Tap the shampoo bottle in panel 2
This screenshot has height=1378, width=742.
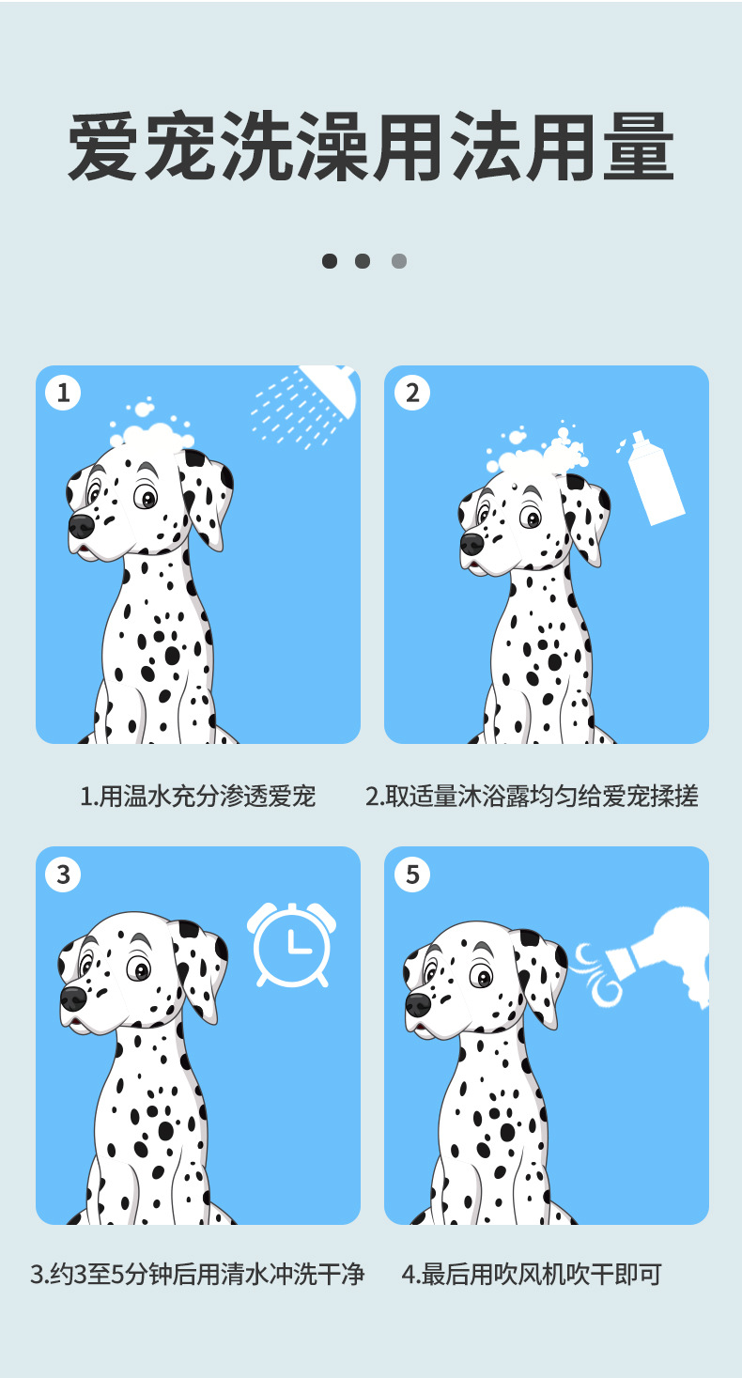pos(655,479)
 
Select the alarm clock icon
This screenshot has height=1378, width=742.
pos(291,944)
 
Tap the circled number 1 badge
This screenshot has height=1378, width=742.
pos(63,393)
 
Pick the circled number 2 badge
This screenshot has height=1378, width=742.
pos(412,393)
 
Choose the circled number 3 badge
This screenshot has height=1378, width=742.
pos(63,875)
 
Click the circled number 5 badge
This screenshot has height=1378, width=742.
pos(412,875)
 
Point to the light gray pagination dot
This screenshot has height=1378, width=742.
pos(398,261)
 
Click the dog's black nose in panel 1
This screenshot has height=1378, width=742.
pos(81,525)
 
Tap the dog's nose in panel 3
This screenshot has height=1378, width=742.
pos(72,999)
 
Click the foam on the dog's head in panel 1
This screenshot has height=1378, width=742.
pos(150,429)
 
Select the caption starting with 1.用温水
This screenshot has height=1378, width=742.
pos(197,796)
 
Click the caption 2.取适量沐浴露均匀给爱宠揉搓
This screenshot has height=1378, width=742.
pos(532,796)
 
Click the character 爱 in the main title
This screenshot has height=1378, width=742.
pos(102,147)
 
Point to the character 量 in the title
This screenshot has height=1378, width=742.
pos(639,147)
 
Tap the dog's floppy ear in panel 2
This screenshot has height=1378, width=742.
pos(584,517)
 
